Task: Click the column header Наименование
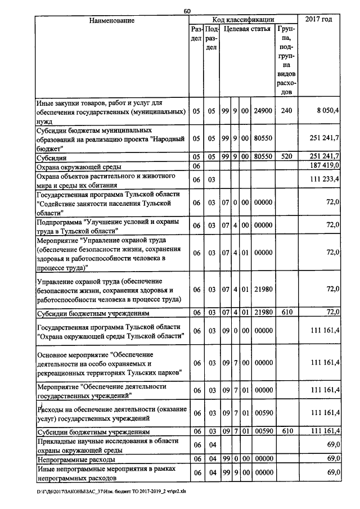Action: (112, 21)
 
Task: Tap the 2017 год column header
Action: (318, 20)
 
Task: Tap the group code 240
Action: (286, 111)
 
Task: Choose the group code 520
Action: (286, 157)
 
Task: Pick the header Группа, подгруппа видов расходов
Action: (286, 59)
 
